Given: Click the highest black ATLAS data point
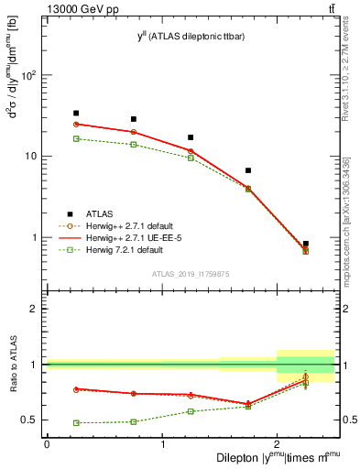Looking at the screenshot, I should [x=76, y=113].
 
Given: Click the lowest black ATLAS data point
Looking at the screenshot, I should [x=305, y=244].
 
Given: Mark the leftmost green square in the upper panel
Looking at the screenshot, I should [x=76, y=138].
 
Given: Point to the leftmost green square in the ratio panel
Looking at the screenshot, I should [x=76, y=423].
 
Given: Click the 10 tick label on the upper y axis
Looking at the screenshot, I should [x=32, y=156].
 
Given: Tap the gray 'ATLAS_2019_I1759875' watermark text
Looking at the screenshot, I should [x=191, y=273].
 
